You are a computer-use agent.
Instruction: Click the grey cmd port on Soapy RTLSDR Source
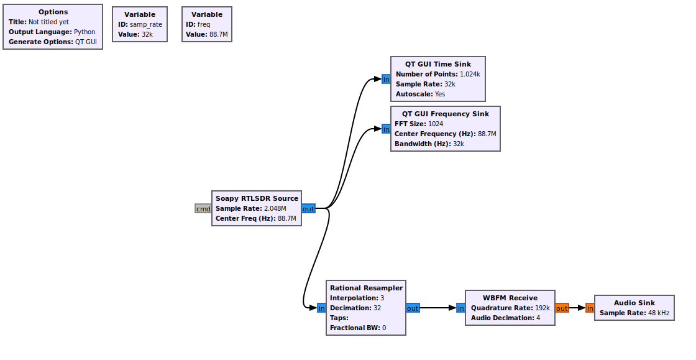coord(203,209)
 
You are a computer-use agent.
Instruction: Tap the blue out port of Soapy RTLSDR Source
coord(308,209)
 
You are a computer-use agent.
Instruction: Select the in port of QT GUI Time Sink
coord(386,80)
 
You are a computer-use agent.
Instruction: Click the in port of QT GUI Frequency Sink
coord(386,129)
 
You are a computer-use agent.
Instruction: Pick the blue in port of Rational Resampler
coord(321,308)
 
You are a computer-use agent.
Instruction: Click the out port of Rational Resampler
coord(413,308)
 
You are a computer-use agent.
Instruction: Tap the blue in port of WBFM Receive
coord(460,308)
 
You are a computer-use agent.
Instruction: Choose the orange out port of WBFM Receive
coord(562,308)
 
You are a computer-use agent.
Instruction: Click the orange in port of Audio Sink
coord(590,308)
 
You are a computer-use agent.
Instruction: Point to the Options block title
coord(53,12)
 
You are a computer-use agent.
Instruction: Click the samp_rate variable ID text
coord(145,24)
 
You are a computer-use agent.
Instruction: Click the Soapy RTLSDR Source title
coord(257,198)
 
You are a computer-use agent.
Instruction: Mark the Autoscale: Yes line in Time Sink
coord(420,94)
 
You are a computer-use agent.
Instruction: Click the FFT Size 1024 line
coord(419,124)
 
